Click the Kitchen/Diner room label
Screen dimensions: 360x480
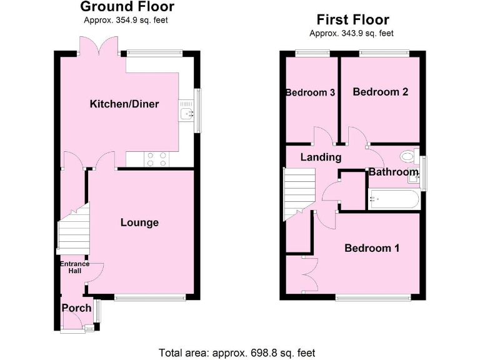124,104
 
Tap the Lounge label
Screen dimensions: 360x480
139,222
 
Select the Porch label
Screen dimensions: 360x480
76,308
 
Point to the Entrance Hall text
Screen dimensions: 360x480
74,267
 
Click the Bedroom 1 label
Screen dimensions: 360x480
372,248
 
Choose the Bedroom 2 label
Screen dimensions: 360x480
381,92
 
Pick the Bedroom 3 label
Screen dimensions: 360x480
311,92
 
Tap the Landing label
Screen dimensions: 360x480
321,157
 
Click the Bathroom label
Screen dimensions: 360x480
393,172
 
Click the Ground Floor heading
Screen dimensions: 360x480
127,7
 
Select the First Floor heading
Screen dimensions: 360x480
352,20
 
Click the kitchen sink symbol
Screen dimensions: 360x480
186,113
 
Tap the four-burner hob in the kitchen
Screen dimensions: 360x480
156,159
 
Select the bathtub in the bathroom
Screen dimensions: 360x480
394,199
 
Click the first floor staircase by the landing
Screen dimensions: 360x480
297,192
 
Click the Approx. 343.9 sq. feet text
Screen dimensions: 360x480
352,33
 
